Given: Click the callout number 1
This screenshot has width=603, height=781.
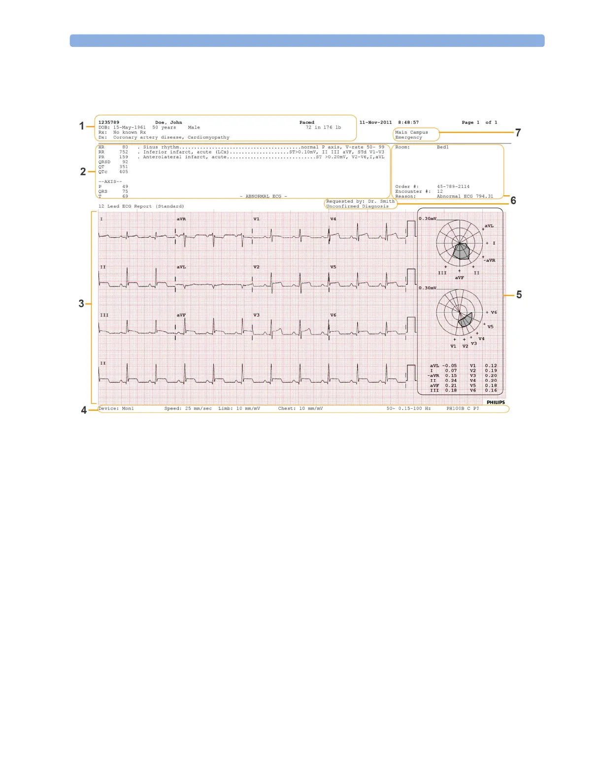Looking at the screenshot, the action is pos(82,126).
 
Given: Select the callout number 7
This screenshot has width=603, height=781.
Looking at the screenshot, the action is pos(518,133).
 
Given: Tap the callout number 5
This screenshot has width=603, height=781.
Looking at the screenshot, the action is pos(519,295).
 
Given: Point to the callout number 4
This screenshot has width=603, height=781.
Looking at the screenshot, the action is pos(84,410).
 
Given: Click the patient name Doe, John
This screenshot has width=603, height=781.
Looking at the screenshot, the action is pos(168,122).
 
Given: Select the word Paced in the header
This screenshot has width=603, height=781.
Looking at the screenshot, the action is pos(306,122).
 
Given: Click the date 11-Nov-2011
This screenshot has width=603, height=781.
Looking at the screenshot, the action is pos(375,122).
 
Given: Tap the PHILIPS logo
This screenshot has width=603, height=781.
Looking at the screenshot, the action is pos(496,402).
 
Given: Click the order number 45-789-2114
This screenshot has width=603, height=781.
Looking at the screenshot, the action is pos(453,186).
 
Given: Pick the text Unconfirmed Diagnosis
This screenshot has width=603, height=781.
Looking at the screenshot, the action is pos(357,207).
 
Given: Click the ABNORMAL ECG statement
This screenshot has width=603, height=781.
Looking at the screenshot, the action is pos(263,196).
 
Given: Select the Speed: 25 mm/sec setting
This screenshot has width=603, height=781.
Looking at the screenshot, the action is pos(188,408).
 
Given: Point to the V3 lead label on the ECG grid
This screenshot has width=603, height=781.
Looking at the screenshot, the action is pos(256,315).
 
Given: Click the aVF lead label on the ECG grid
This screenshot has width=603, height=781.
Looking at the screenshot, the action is pos(181,315).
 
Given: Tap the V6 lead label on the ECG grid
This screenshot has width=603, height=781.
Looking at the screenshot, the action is pos(333,315).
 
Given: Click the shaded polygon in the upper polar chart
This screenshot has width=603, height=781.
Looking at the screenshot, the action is pos(462,251).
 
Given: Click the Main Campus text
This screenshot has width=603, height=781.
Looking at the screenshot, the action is pos(411,132).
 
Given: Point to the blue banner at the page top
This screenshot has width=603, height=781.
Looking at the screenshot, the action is pos(307,40).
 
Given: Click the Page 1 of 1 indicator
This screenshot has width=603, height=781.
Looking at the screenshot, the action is pos(479,122).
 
